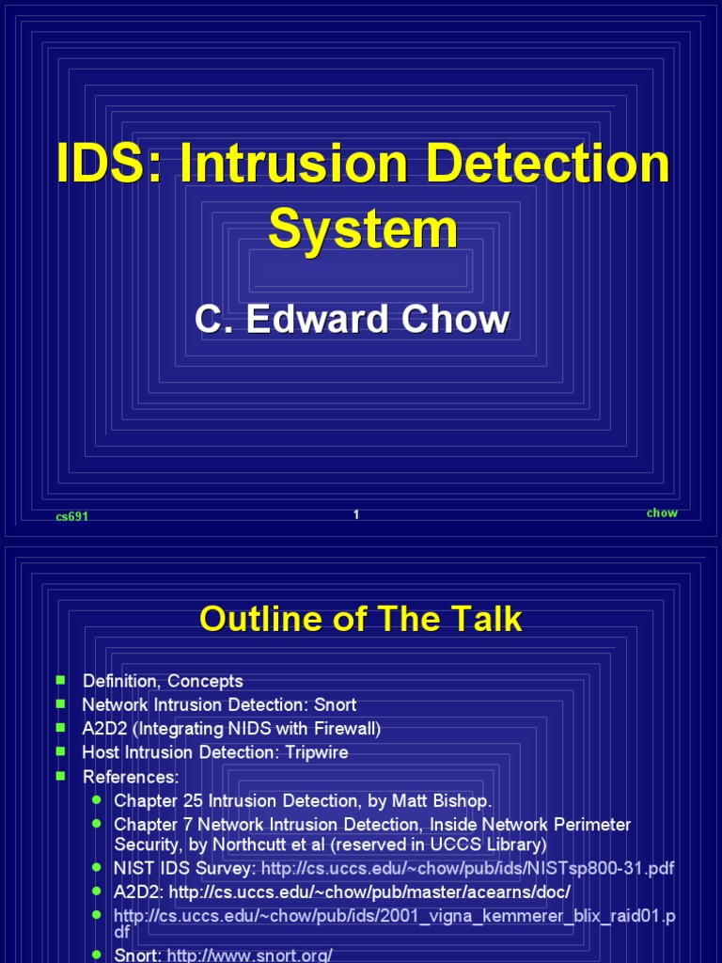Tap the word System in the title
pos(363,228)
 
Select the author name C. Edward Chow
pos(352,320)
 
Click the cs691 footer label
pos(72,516)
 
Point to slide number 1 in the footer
pos(356,514)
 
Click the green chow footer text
pos(662,513)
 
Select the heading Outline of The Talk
pos(361,620)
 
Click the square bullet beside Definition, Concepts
pos(61,680)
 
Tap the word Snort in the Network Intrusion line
pos(335,704)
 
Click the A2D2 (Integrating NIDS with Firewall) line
pos(231,729)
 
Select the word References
pos(130,777)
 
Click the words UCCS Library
pos(494,845)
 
